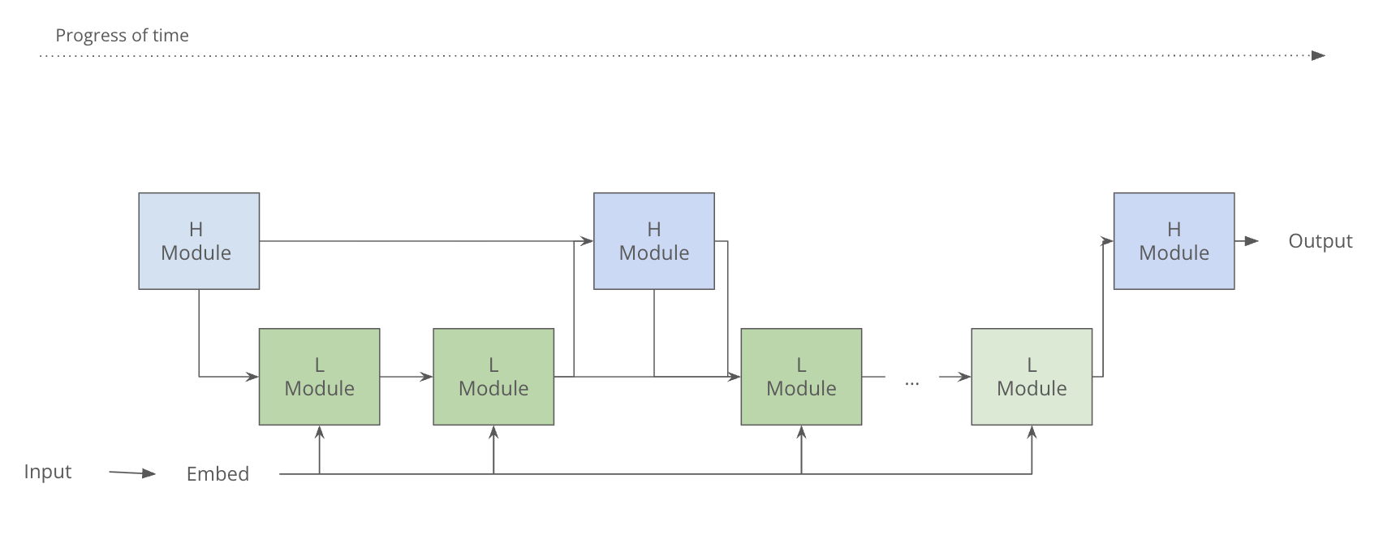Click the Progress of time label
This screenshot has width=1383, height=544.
(122, 36)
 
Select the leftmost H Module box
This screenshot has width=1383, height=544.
(199, 241)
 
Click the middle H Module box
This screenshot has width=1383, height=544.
(654, 241)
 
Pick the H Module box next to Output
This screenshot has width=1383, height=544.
(1174, 241)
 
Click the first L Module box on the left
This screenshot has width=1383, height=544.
(319, 377)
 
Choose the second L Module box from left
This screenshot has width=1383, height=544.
(493, 377)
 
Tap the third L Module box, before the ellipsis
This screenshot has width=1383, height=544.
(801, 377)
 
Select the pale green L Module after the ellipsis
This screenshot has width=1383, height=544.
(1032, 377)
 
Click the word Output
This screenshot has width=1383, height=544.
(1320, 241)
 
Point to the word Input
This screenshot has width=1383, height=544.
(48, 472)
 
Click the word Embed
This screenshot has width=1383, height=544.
(218, 474)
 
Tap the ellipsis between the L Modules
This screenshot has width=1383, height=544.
(911, 381)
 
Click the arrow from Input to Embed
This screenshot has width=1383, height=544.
(132, 473)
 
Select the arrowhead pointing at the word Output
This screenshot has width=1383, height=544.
(1252, 241)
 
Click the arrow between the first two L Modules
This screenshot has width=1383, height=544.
(406, 377)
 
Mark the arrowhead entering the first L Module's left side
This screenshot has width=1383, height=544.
(252, 377)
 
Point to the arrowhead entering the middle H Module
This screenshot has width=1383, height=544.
(586, 241)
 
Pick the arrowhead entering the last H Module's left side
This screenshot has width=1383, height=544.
(1107, 241)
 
